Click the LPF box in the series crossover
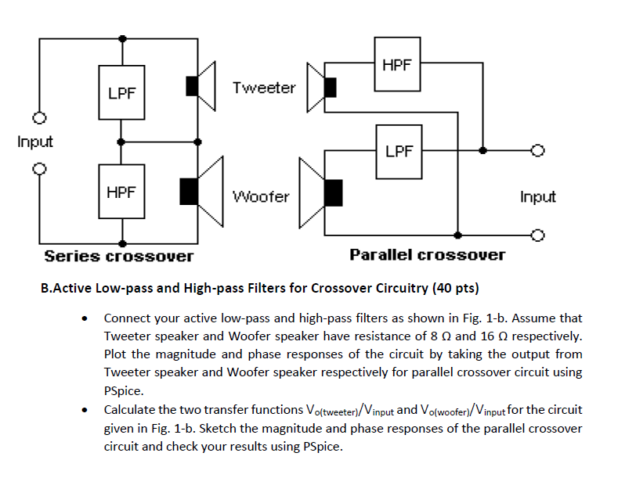pos(121,92)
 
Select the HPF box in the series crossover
pos(121,192)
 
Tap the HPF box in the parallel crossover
pos(397,65)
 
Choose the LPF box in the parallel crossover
pos(397,150)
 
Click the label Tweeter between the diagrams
pos(264,88)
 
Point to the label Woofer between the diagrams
pos(261,196)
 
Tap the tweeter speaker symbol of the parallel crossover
pos(322,87)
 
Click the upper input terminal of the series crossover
pos(37,118)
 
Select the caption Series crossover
pos(118,256)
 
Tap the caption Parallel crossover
pos(427,255)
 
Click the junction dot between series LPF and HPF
pos(121,142)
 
